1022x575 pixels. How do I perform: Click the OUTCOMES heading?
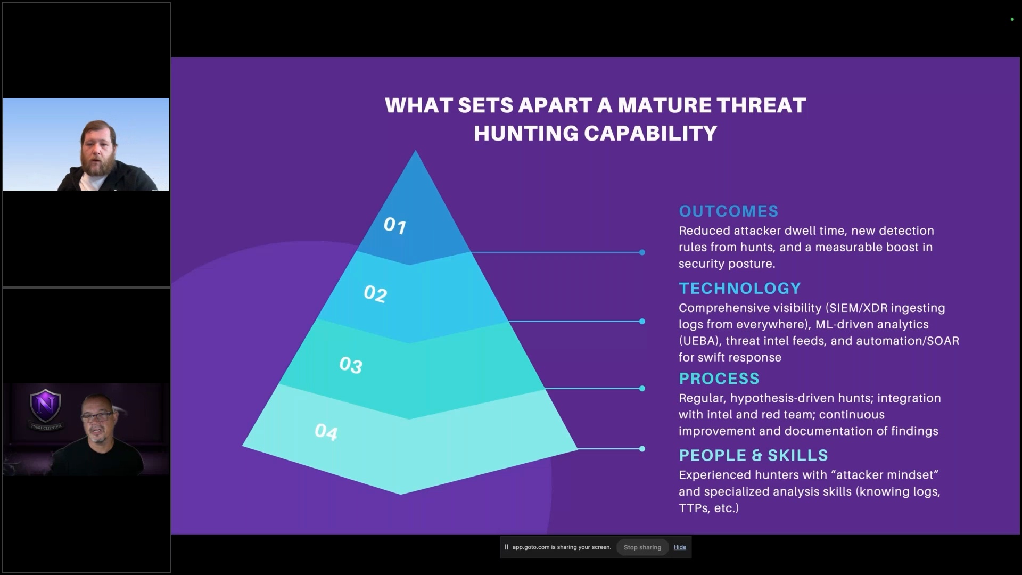[728, 211]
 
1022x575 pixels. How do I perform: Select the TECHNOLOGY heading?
[740, 289]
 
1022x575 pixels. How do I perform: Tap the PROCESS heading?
[719, 379]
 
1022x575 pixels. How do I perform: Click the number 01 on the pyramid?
[395, 226]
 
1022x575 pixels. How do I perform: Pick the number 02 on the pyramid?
[375, 294]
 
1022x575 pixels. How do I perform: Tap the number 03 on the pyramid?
[351, 365]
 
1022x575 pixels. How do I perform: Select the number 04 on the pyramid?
[326, 432]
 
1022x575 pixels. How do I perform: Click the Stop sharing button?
[642, 547]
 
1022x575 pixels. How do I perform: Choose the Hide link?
[680, 547]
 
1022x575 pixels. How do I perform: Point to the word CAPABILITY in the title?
[650, 134]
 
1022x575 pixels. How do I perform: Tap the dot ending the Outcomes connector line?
[642, 252]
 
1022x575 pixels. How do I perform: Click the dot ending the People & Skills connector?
[642, 449]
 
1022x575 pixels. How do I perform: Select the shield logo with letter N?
[45, 406]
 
